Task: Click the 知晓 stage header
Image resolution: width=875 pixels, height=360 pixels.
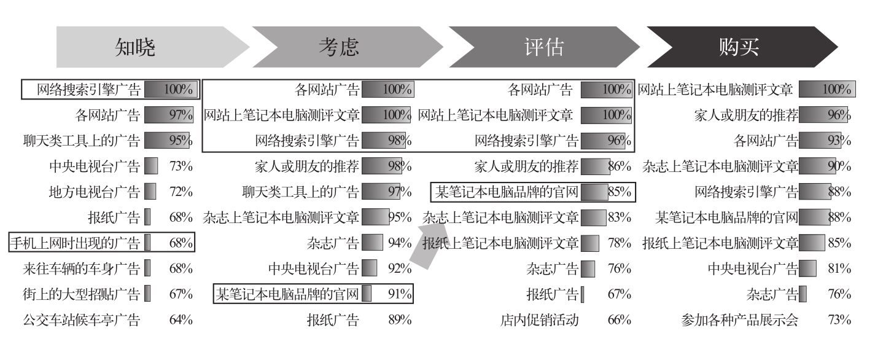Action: click(136, 47)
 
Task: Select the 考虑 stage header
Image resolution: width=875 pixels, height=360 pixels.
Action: click(338, 47)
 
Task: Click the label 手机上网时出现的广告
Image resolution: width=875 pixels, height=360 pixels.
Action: click(74, 243)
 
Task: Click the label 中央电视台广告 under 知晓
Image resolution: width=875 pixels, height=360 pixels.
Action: click(94, 166)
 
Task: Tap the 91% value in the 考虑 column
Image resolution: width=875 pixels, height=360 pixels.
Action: click(399, 294)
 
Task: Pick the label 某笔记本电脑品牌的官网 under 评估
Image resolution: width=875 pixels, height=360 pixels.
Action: click(507, 192)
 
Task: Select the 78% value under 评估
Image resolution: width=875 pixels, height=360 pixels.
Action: click(619, 243)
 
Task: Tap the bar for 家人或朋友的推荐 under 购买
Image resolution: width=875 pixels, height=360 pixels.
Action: click(823, 115)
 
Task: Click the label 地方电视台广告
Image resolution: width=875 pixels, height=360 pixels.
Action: click(94, 192)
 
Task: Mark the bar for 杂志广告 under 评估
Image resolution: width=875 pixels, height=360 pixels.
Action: click(588, 268)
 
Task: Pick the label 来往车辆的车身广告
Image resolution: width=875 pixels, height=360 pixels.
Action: click(80, 268)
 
